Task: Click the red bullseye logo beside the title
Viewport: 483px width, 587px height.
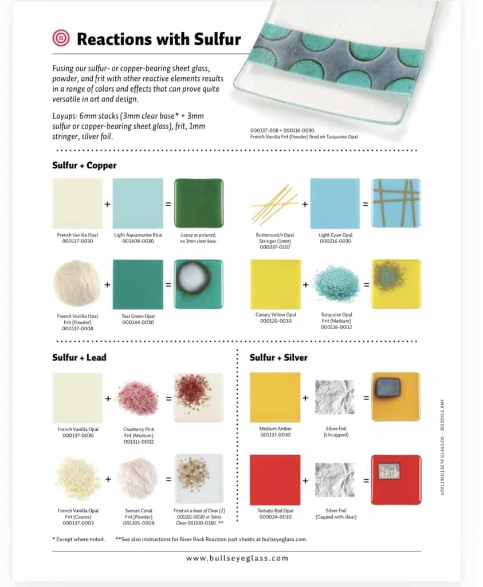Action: coord(60,38)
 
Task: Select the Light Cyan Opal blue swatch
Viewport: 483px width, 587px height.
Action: coord(335,203)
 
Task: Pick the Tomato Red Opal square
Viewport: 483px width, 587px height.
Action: coord(275,480)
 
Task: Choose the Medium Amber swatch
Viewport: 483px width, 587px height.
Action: coord(275,397)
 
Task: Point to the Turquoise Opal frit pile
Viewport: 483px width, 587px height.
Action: coord(336,284)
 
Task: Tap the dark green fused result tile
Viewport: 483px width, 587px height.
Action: coord(198,203)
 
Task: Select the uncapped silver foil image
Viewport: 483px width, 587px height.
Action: coord(335,397)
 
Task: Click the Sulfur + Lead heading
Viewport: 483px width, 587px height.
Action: coord(79,358)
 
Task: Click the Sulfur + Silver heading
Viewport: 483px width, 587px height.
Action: coord(278,358)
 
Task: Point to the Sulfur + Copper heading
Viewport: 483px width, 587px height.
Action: coord(84,166)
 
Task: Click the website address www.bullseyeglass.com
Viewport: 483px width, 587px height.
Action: coord(237,558)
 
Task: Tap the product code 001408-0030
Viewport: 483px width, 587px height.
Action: coord(138,241)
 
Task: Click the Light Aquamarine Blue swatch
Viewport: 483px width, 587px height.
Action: coord(138,203)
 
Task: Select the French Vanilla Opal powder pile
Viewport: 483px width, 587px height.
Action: coord(76,284)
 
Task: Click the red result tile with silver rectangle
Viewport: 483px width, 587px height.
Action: coord(396,480)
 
